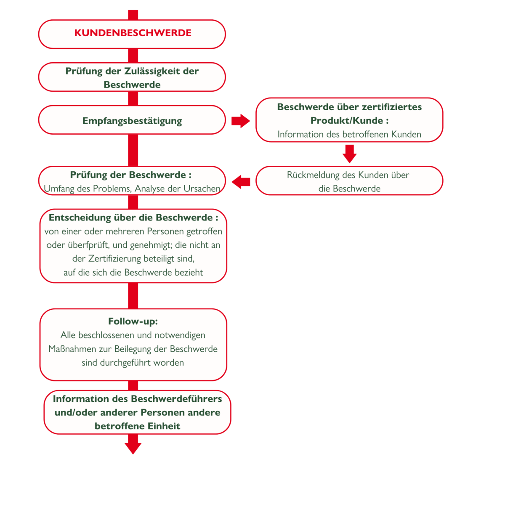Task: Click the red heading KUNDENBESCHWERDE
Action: click(x=133, y=33)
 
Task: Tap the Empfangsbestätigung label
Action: click(x=132, y=121)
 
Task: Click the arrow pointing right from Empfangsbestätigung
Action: click(x=241, y=121)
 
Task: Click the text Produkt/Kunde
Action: click(x=347, y=120)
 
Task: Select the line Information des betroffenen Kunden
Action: click(x=349, y=134)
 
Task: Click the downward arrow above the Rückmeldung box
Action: click(x=350, y=154)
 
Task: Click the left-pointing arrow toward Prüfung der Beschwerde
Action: click(x=241, y=182)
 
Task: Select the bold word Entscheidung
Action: click(x=80, y=218)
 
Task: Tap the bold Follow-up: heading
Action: click(x=133, y=321)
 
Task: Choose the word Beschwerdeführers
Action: click(x=176, y=399)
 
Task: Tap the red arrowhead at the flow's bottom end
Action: click(x=133, y=448)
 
